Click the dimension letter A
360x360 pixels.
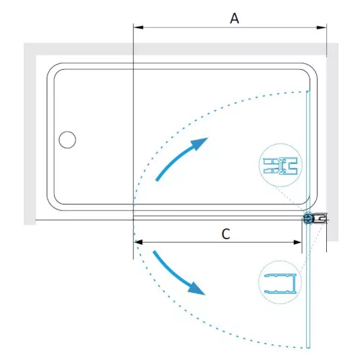[x=235, y=19]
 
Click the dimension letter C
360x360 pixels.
[x=226, y=234]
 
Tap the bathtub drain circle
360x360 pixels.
[x=67, y=140]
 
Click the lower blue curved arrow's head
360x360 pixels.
[x=197, y=289]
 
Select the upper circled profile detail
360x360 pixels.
[x=281, y=165]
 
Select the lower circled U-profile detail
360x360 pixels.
[x=280, y=282]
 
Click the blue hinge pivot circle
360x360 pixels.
[x=308, y=219]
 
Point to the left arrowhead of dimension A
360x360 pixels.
[x=138, y=27]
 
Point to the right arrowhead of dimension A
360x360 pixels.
[x=322, y=27]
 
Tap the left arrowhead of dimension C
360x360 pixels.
[x=139, y=242]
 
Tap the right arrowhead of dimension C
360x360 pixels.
[x=297, y=242]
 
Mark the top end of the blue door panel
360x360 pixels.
[x=308, y=91]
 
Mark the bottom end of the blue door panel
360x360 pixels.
[x=308, y=347]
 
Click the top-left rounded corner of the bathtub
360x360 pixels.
[x=51, y=68]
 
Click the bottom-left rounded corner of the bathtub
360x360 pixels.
[x=51, y=206]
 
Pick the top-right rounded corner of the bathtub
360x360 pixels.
[x=312, y=68]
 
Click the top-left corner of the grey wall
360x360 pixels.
[x=24, y=44]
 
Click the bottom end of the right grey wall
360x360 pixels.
[x=333, y=240]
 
